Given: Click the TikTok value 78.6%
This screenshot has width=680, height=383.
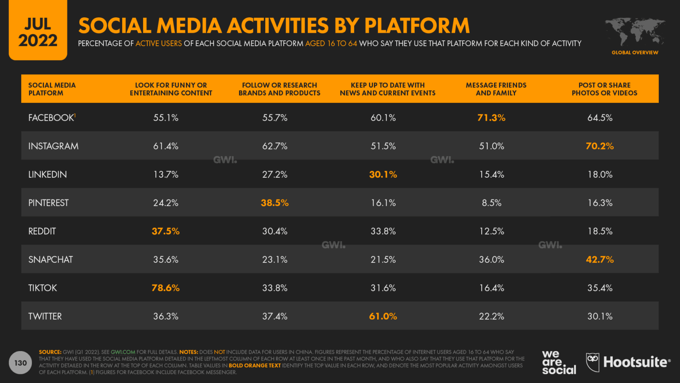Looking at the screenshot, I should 166,288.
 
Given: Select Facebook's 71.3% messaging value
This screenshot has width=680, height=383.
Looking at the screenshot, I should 491,117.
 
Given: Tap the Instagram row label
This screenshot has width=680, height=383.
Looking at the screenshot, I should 53,146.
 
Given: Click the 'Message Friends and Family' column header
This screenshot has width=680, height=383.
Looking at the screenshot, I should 496,89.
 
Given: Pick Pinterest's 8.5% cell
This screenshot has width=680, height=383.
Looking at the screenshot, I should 491,203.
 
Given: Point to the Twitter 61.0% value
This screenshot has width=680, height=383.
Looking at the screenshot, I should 383,316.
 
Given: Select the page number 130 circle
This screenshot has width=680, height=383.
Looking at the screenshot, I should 20,363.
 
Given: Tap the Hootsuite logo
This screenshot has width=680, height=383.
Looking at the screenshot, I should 628,362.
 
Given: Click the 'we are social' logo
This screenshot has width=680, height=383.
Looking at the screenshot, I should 558,362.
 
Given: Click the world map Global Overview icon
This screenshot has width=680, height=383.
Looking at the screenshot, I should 635,33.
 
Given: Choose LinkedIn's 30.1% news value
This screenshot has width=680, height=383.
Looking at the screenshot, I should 383,174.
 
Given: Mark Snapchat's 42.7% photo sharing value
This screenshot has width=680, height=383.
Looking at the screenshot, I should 599,259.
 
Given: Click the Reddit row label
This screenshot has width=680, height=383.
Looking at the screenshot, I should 42,231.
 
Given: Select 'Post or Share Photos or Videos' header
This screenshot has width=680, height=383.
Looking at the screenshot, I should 604,89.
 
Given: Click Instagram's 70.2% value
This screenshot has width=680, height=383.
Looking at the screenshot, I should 599,146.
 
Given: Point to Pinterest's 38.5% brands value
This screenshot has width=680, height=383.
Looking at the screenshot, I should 274,203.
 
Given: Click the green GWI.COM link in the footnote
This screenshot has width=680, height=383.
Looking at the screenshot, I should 123,352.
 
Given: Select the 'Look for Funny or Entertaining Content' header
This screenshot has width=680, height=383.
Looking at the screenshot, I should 171,89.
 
